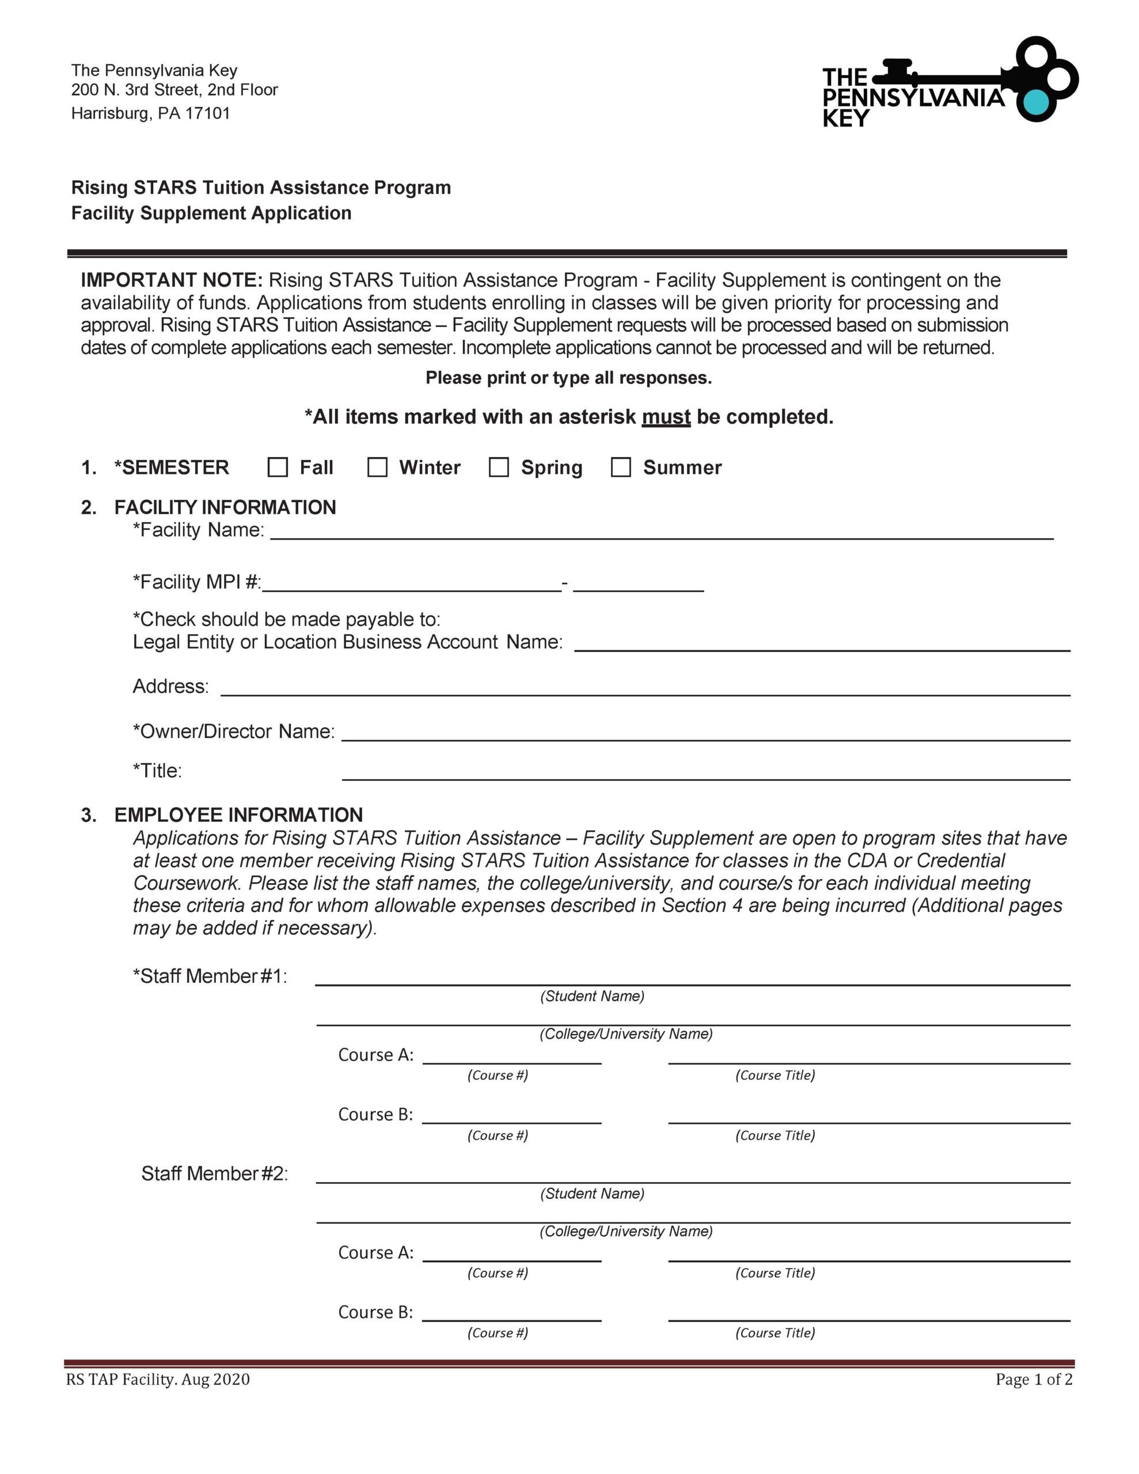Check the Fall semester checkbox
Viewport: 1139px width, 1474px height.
pyautogui.click(x=278, y=467)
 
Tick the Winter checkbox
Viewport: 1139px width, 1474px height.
pyautogui.click(x=377, y=467)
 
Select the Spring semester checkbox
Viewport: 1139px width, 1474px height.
pyautogui.click(x=499, y=467)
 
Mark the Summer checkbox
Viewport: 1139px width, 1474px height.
pyautogui.click(x=621, y=467)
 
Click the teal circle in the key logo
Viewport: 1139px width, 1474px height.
pyautogui.click(x=1037, y=102)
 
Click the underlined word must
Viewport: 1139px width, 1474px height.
pyautogui.click(x=666, y=417)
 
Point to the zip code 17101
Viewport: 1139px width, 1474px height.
pyautogui.click(x=207, y=113)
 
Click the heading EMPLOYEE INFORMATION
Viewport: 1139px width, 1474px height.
pyautogui.click(x=238, y=815)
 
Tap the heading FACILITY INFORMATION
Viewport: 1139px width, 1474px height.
pyautogui.click(x=225, y=507)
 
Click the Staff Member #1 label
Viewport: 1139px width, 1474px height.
pyautogui.click(x=210, y=976)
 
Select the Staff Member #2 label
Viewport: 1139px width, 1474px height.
pyautogui.click(x=214, y=1173)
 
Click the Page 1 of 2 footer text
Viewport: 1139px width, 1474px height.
pyautogui.click(x=1034, y=1380)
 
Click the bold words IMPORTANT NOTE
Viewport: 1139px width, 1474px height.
pyautogui.click(x=172, y=280)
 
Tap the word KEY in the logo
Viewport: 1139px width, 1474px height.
pyautogui.click(x=846, y=119)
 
